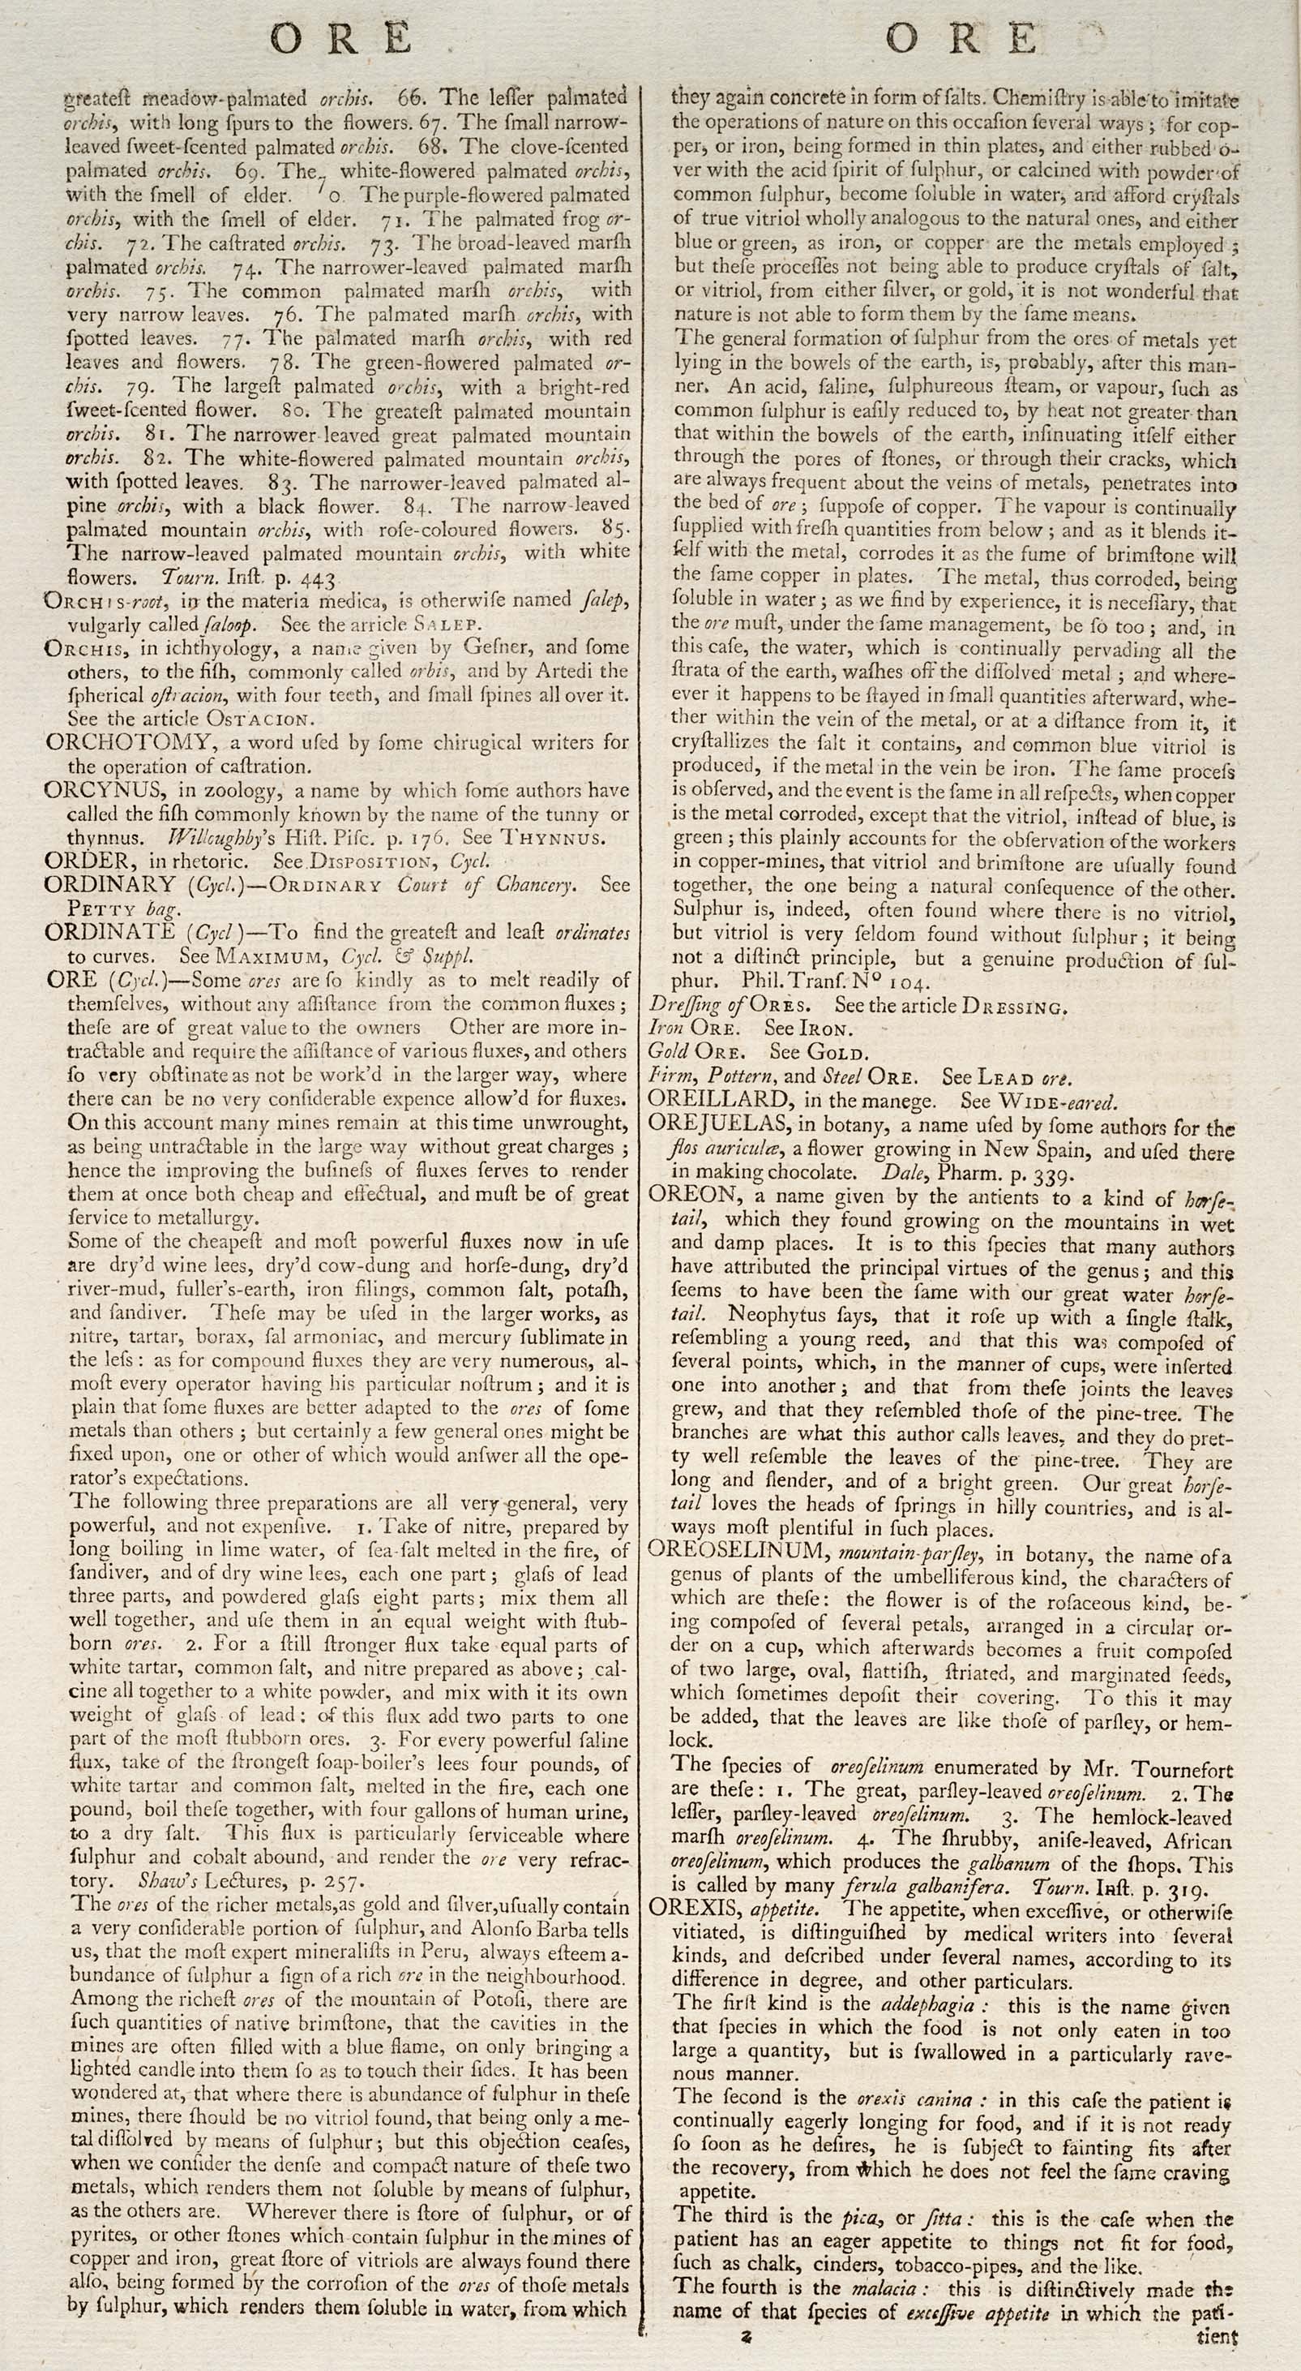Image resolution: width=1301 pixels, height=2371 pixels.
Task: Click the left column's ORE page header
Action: point(342,38)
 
